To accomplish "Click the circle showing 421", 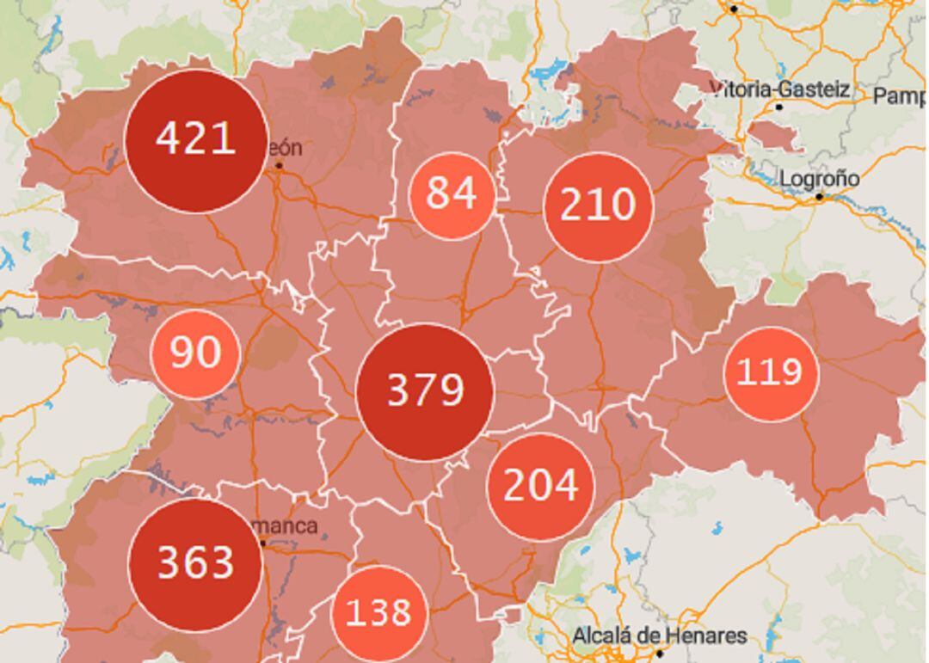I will pos(194,140).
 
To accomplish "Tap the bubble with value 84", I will pos(452,194).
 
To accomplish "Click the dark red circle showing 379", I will pos(425,391).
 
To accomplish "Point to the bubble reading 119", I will pos(770,373).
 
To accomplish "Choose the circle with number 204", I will pos(540,487).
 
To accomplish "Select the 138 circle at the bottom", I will pos(378,613).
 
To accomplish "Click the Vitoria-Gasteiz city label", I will pos(780,89).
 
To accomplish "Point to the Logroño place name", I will pos(819,179).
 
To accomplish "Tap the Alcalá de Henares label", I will pos(660,636).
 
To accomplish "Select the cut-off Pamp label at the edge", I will pos(900,95).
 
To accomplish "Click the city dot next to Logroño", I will pos(820,197).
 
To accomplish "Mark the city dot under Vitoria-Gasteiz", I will pos(779,107).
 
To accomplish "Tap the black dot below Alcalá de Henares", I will pos(660,654).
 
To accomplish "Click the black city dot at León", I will pos(279,165).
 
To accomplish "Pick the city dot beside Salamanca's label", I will pos(263,543).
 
